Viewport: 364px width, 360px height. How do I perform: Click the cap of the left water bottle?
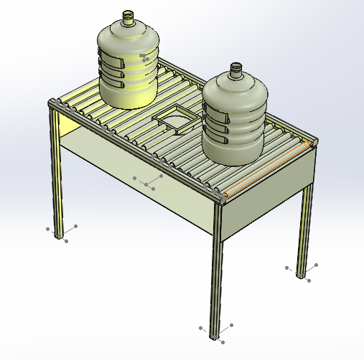click(x=129, y=16)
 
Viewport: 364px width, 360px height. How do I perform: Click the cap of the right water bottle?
click(x=236, y=69)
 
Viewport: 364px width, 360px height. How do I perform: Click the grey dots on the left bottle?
click(x=146, y=57)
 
